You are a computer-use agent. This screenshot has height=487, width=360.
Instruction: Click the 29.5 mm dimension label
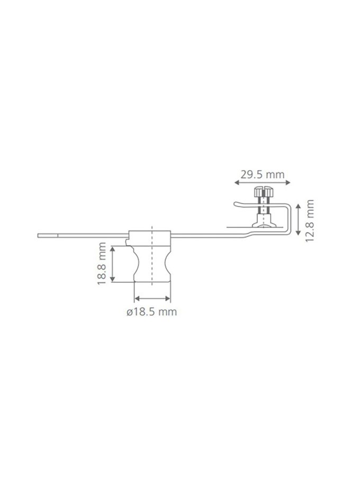pos(263,175)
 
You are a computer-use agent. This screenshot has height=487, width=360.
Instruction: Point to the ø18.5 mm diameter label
pos(151,311)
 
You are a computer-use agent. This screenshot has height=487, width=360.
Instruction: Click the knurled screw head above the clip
pos(263,192)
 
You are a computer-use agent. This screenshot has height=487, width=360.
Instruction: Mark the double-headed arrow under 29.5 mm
pos(262,183)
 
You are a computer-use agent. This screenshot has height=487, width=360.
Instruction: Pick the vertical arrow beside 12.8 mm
pos(298,219)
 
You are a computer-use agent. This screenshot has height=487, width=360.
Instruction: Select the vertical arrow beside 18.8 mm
pos(112,264)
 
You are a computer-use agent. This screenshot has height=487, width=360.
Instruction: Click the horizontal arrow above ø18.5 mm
pos(152,299)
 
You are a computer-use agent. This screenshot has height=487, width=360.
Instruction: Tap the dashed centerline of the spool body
pos(152,256)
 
